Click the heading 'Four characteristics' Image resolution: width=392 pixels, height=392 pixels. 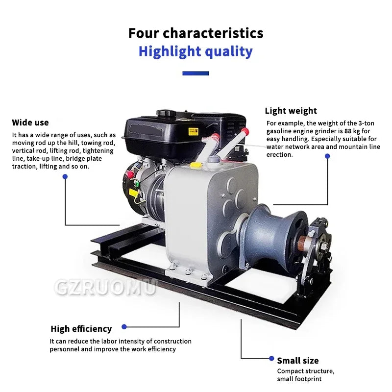pyautogui.click(x=196, y=33)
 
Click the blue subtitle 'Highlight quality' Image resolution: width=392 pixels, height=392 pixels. pyautogui.click(x=196, y=51)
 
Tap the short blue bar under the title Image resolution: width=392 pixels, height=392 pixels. pyautogui.click(x=196, y=73)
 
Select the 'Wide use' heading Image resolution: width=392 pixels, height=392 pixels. pyautogui.click(x=30, y=122)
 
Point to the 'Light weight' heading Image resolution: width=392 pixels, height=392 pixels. pyautogui.click(x=291, y=111)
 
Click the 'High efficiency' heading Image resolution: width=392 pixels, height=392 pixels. pyautogui.click(x=81, y=329)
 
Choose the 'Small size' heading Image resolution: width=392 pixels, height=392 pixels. pyautogui.click(x=298, y=361)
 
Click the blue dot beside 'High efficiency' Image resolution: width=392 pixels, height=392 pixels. pyautogui.click(x=124, y=327)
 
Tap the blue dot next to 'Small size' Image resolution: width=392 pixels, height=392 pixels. pyautogui.click(x=271, y=359)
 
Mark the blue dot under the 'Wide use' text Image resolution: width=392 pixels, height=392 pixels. pyautogui.click(x=65, y=177)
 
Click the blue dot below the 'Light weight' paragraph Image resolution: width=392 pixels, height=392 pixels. pyautogui.click(x=327, y=156)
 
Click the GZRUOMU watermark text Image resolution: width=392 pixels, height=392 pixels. pyautogui.click(x=105, y=288)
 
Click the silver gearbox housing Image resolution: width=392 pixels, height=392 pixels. pyautogui.click(x=201, y=216)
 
